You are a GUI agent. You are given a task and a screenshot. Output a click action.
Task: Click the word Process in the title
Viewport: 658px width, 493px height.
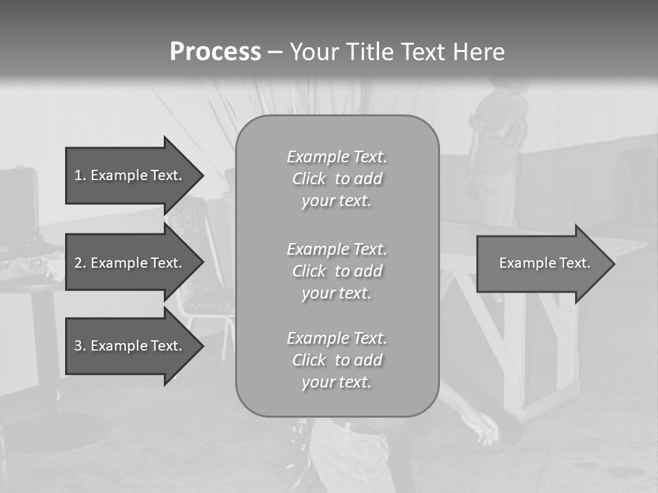(x=215, y=52)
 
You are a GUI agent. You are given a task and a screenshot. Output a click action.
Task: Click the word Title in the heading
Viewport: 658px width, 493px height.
(x=368, y=52)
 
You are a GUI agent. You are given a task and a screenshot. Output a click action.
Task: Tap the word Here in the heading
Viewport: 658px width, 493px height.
(x=478, y=52)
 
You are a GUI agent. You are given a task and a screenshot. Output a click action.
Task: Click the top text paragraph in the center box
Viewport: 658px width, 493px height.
(x=337, y=179)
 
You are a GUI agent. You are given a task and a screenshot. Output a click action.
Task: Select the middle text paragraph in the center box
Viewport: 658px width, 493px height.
(x=337, y=271)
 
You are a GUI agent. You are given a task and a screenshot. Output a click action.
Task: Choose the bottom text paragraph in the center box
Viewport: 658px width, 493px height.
(x=337, y=360)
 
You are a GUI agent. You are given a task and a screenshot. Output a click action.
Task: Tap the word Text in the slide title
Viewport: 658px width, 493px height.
(x=424, y=52)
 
